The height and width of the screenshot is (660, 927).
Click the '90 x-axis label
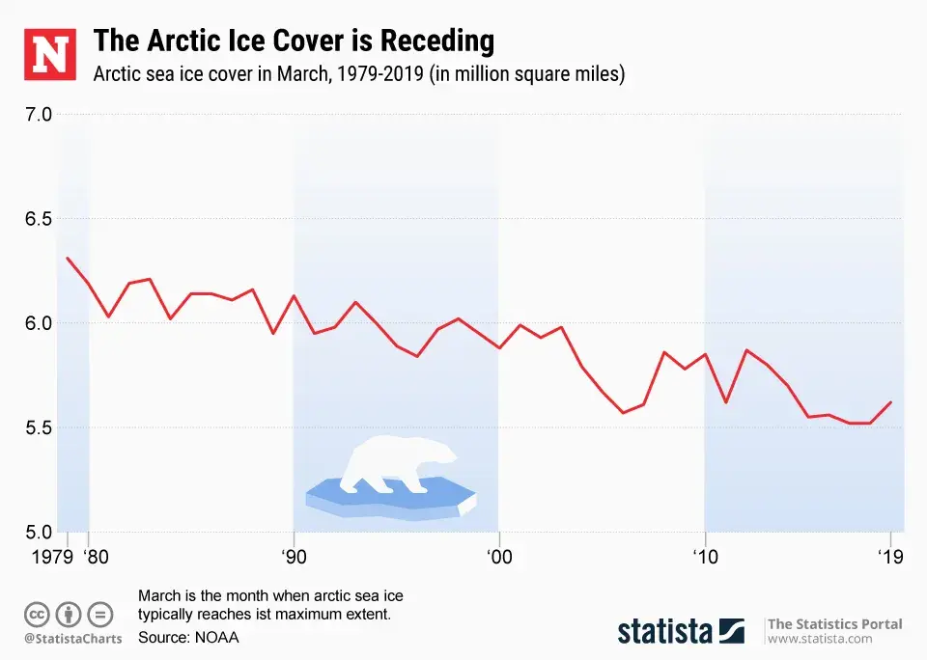click(294, 557)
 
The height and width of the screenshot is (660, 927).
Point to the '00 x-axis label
click(499, 557)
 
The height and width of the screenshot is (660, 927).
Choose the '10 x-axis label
click(704, 557)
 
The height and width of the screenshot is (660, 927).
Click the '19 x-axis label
click(889, 557)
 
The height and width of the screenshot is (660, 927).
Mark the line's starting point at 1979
click(67, 258)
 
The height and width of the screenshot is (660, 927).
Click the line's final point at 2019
click(890, 401)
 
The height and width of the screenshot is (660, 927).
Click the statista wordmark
click(665, 631)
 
